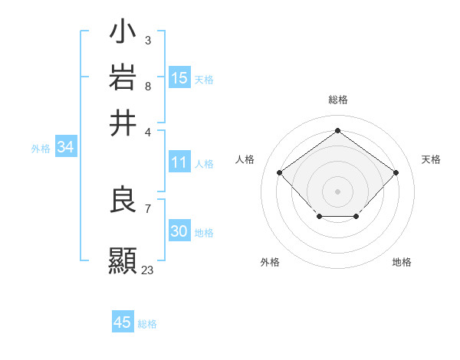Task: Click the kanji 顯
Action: coord(123,259)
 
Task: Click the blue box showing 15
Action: coord(179,77)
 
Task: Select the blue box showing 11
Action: coord(179,162)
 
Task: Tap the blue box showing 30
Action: coord(179,231)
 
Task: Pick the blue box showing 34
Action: coord(65,148)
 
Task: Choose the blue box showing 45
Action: coord(123,322)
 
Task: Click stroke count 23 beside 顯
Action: coord(147,270)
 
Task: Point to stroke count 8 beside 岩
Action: coord(147,87)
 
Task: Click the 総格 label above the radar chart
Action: coord(337,100)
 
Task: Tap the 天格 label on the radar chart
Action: coord(431,159)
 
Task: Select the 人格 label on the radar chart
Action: coord(245,159)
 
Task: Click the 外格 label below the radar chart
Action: coord(270,262)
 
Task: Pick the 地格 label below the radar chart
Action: coord(402,262)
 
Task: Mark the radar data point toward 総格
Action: coord(337,131)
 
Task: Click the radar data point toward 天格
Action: coord(396,172)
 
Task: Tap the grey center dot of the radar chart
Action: coord(337,191)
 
